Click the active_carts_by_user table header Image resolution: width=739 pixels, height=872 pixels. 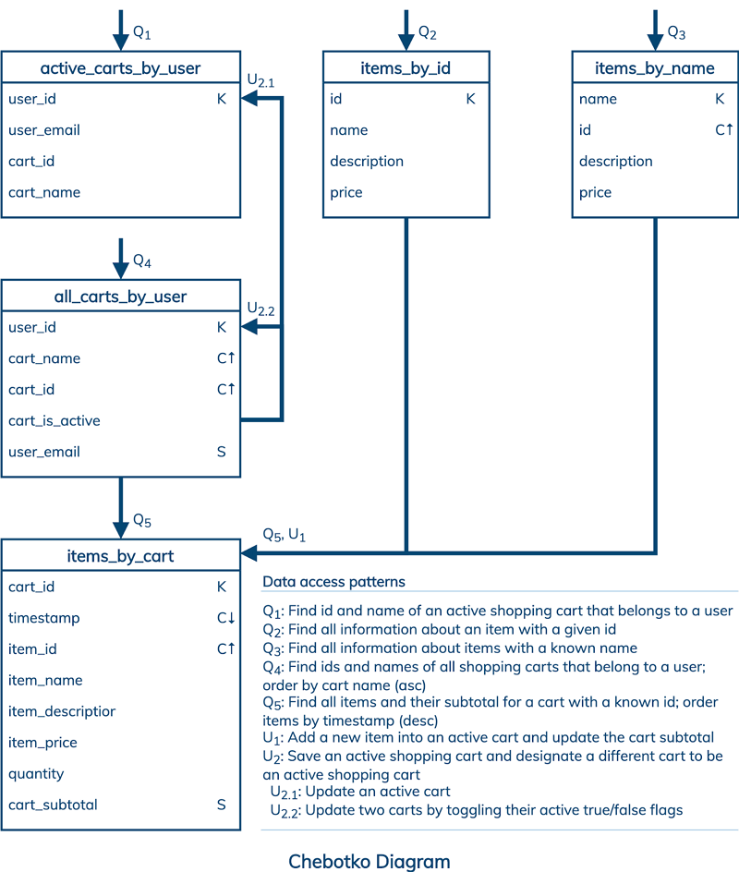click(x=120, y=68)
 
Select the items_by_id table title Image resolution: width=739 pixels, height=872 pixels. click(x=406, y=68)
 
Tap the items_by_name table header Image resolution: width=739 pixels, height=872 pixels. click(x=654, y=68)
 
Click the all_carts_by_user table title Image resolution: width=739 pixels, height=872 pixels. click(x=120, y=297)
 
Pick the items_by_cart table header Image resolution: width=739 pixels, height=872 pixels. click(x=120, y=556)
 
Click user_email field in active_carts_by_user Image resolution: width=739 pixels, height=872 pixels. click(x=44, y=130)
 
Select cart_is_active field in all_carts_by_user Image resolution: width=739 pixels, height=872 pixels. click(x=55, y=420)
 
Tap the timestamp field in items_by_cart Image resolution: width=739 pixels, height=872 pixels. click(x=44, y=618)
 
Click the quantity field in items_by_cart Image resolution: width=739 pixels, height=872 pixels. click(x=36, y=773)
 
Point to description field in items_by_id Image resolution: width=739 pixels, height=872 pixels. click(x=367, y=161)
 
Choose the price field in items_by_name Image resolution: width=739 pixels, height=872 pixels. click(x=595, y=192)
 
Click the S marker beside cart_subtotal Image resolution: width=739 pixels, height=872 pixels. click(x=222, y=805)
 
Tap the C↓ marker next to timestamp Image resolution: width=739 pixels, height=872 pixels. click(x=225, y=618)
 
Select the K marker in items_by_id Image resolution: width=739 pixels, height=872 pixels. click(x=470, y=99)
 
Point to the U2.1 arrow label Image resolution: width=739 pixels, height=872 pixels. click(x=260, y=81)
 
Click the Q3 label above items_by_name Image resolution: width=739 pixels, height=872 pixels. click(x=677, y=33)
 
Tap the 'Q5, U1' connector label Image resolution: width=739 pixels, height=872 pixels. click(x=284, y=534)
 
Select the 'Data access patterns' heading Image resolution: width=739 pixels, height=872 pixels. click(x=333, y=582)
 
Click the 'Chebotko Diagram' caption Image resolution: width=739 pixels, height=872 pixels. click(x=369, y=861)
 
